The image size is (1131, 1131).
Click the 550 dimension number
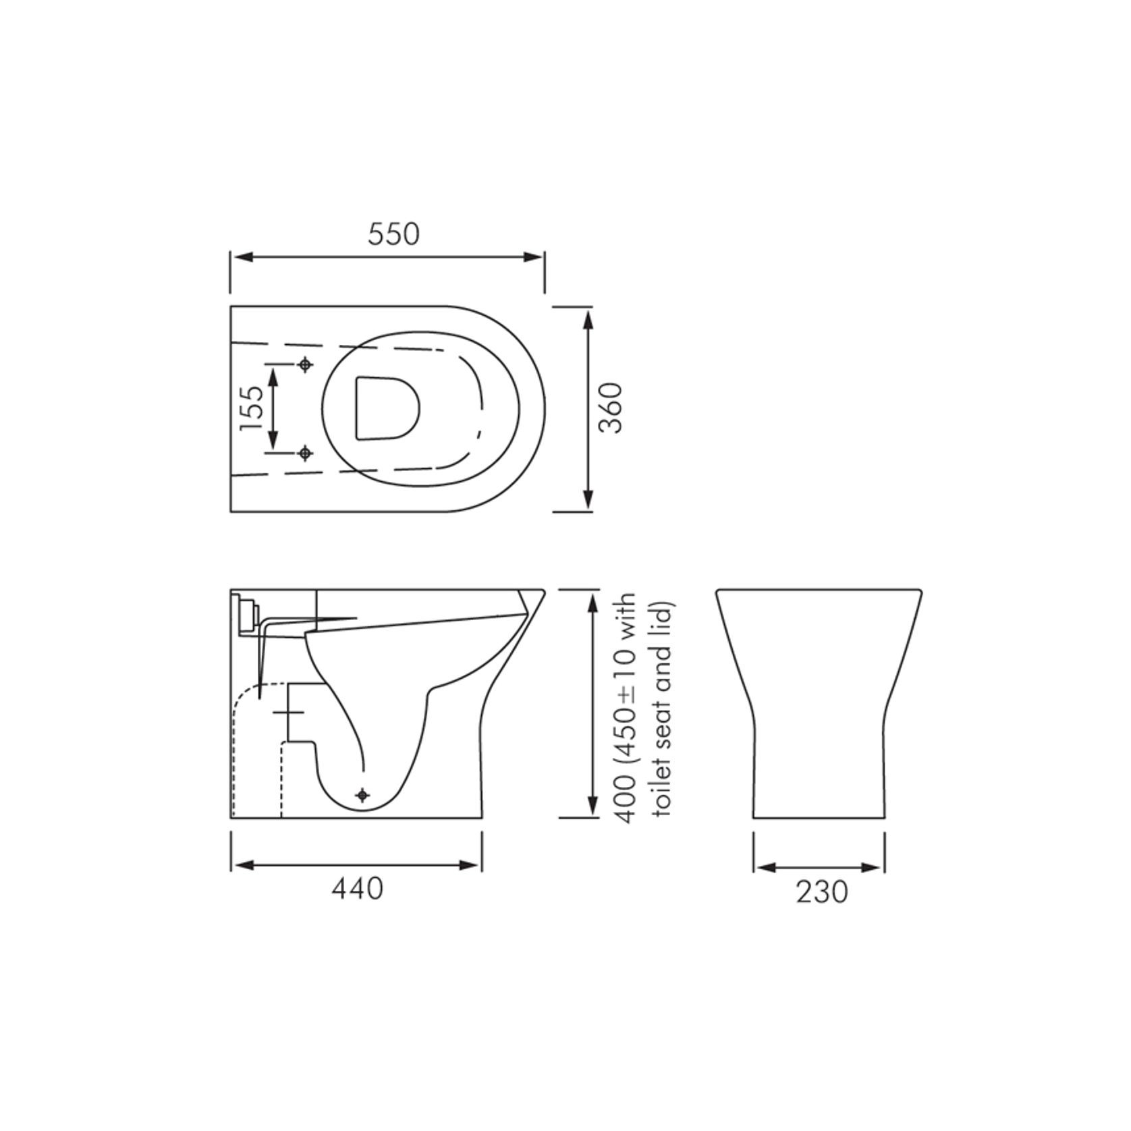click(x=393, y=234)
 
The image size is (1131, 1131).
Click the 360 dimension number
click(x=611, y=408)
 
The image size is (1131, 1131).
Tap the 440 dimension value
click(x=357, y=889)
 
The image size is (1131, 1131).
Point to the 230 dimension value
click(x=821, y=892)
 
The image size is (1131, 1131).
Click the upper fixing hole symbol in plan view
click(x=306, y=365)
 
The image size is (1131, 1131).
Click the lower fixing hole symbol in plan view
click(x=306, y=453)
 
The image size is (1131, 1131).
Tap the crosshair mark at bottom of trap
click(x=364, y=796)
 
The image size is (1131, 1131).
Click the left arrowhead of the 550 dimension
click(x=242, y=257)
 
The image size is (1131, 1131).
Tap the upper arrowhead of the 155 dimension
click(x=273, y=375)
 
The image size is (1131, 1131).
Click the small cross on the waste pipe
click(x=289, y=712)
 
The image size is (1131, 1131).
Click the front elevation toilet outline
click(x=819, y=702)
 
